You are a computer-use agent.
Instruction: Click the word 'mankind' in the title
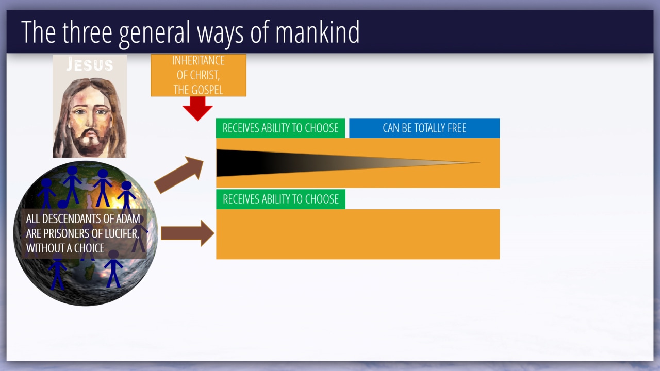[317, 32]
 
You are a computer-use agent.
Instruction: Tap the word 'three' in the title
[87, 32]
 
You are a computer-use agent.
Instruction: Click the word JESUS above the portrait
[90, 64]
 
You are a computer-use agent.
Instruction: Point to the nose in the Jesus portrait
[90, 121]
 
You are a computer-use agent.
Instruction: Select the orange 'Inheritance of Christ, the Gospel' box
[199, 75]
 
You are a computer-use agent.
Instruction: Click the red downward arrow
[197, 109]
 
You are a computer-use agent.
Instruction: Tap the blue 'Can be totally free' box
[424, 128]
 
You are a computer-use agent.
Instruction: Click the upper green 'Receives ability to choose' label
[280, 128]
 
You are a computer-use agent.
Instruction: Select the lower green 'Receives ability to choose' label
[280, 199]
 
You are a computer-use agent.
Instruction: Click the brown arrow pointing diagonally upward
[179, 175]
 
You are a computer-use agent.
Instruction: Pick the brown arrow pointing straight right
[187, 233]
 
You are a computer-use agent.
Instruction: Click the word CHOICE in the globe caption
[89, 248]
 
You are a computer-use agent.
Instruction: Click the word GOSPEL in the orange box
[207, 90]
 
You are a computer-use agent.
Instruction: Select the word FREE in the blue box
[457, 128]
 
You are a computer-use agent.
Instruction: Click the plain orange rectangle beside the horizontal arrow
[358, 234]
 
